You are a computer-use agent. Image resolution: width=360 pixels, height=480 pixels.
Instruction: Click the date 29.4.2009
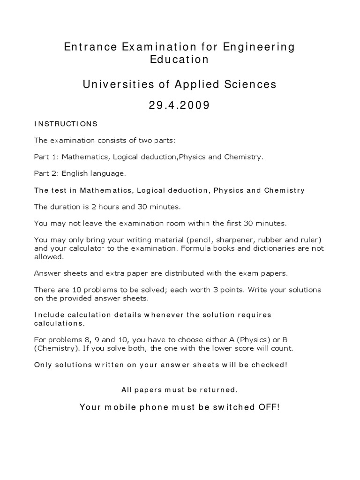(x=180, y=106)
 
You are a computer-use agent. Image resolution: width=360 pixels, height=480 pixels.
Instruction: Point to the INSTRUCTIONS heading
(x=66, y=124)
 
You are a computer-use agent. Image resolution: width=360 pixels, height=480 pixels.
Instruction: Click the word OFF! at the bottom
(x=269, y=407)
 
